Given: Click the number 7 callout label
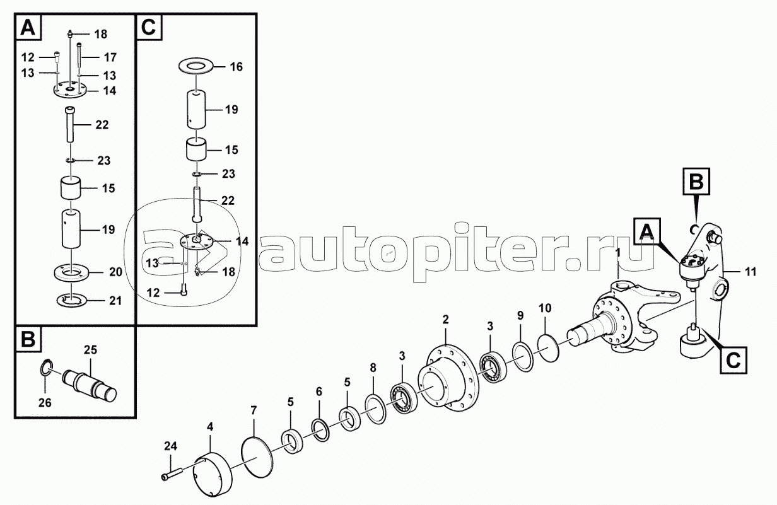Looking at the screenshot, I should (x=254, y=411).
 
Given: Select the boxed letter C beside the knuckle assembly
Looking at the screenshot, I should (x=732, y=359).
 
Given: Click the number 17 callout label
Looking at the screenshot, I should (x=110, y=57).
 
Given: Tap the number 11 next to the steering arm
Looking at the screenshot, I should (x=750, y=272).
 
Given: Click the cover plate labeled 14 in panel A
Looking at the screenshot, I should (x=70, y=92).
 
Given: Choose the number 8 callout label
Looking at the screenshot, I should (x=373, y=367).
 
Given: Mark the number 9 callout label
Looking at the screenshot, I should (x=520, y=315).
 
